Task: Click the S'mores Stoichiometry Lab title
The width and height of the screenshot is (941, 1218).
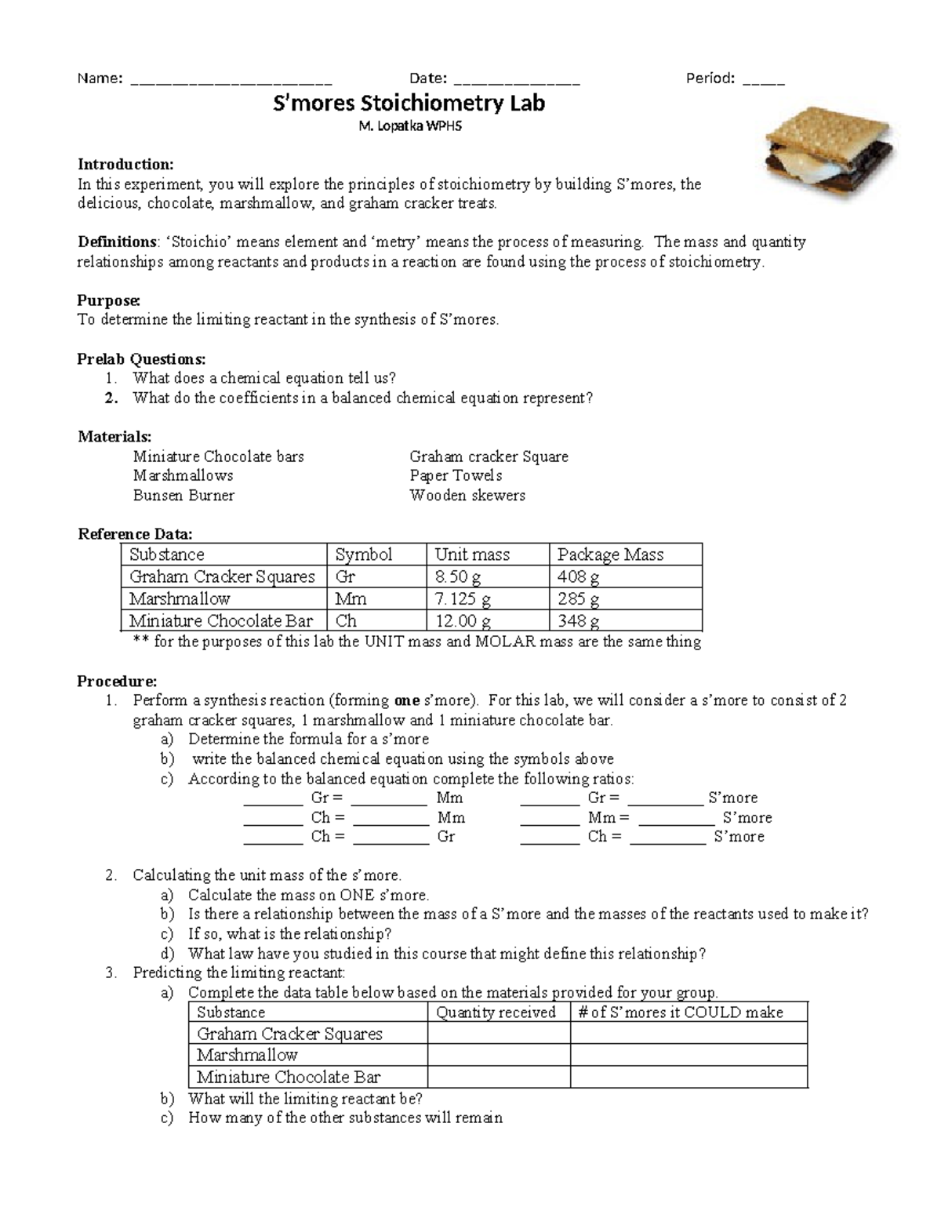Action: (x=408, y=104)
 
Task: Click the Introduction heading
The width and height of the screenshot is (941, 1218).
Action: (x=125, y=165)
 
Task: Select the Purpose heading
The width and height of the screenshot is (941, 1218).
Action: (x=109, y=300)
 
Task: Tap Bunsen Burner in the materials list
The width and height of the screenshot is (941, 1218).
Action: (x=183, y=496)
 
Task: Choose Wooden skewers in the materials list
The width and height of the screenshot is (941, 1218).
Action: (x=467, y=496)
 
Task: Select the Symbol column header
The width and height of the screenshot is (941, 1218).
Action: (x=364, y=554)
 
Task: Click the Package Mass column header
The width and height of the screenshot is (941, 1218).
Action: (x=610, y=554)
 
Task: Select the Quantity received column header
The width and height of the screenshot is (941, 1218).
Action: (x=496, y=1013)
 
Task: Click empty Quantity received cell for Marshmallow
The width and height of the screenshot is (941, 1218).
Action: (x=499, y=1056)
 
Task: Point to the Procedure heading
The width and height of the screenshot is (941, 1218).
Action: (x=117, y=681)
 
